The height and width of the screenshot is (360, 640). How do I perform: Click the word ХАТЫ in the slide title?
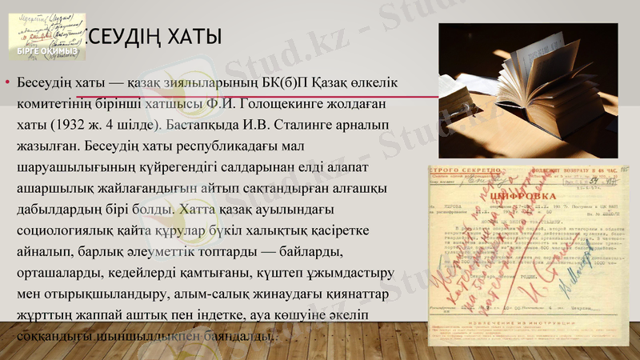click(x=190, y=38)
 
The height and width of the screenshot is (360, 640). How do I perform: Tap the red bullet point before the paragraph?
click(x=7, y=84)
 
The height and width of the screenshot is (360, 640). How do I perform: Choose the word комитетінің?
click(x=54, y=104)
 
